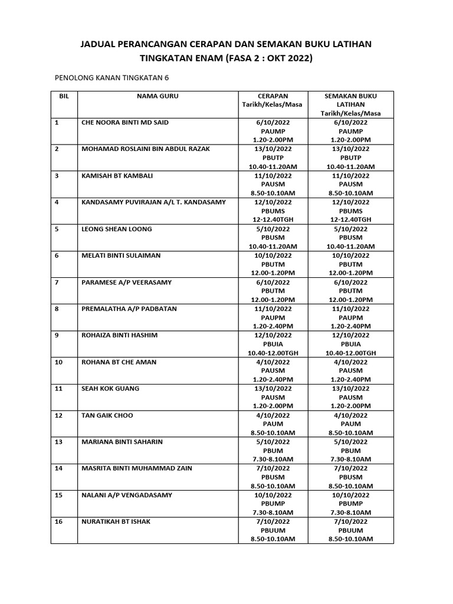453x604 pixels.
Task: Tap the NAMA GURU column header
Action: pos(157,96)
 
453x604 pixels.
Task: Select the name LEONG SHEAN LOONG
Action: pos(116,229)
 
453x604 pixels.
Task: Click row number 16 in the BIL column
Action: pos(58,521)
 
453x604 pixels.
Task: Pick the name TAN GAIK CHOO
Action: pos(107,415)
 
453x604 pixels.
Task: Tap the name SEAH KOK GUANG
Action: pos(108,389)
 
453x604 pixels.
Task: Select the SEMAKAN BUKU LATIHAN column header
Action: pos(350,104)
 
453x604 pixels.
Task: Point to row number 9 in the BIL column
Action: pos(57,335)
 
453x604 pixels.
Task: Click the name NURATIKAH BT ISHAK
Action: pos(116,521)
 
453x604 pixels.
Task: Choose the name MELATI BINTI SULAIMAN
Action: pos(120,255)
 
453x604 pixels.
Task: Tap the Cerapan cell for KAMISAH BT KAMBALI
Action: pos(273,184)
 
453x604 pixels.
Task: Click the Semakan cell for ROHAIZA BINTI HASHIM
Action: pos(350,344)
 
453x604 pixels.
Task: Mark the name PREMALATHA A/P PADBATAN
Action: pos(129,308)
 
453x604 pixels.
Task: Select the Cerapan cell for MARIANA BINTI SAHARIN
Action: pos(273,450)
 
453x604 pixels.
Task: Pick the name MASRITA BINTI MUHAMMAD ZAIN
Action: pos(136,468)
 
